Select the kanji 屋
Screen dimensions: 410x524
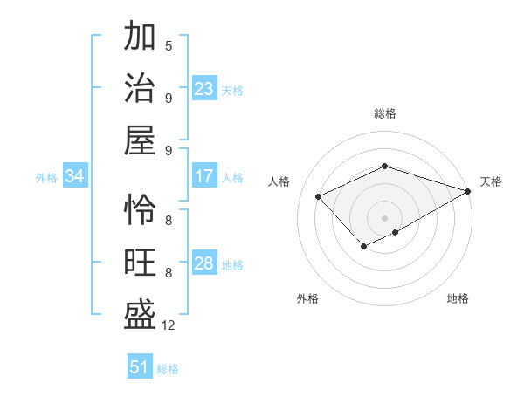pyautogui.click(x=141, y=140)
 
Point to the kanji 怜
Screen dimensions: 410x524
pyautogui.click(x=141, y=210)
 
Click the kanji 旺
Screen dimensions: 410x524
pyautogui.click(x=141, y=263)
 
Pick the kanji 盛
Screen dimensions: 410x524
pyautogui.click(x=141, y=315)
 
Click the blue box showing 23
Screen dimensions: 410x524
pyautogui.click(x=204, y=89)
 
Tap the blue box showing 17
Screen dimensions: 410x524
pyautogui.click(x=204, y=176)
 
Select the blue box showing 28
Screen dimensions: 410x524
pyautogui.click(x=204, y=263)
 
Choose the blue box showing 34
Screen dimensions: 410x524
pyautogui.click(x=74, y=176)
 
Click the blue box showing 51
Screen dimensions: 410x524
pyautogui.click(x=140, y=367)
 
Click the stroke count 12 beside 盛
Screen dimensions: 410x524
pyautogui.click(x=168, y=325)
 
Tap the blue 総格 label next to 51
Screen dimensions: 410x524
pyautogui.click(x=168, y=369)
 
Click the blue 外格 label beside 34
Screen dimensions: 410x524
pyautogui.click(x=46, y=178)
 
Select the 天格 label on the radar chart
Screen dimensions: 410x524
pyautogui.click(x=491, y=181)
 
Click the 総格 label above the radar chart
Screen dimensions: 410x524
pyautogui.click(x=385, y=113)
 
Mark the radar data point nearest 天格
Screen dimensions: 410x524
pyautogui.click(x=469, y=190)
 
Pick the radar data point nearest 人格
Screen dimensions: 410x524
pyautogui.click(x=319, y=196)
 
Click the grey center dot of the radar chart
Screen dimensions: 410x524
pyautogui.click(x=385, y=217)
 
